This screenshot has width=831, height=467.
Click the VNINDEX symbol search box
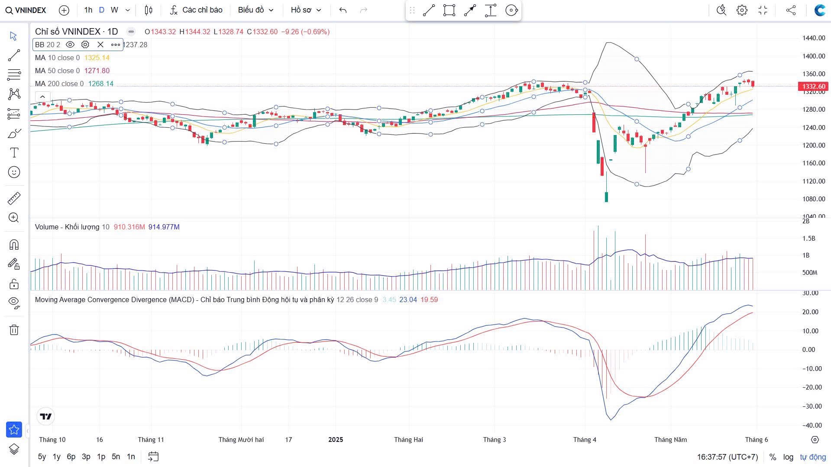pyautogui.click(x=26, y=10)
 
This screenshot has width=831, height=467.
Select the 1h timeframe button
pyautogui.click(x=88, y=10)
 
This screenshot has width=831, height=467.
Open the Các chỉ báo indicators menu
pyautogui.click(x=196, y=10)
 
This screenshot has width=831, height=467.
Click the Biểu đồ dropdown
pyautogui.click(x=255, y=10)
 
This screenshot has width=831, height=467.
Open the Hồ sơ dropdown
pyautogui.click(x=306, y=10)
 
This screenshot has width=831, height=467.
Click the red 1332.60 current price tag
pyautogui.click(x=813, y=87)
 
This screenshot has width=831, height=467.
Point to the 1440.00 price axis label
pyautogui.click(x=814, y=38)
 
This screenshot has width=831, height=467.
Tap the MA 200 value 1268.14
pyautogui.click(x=101, y=84)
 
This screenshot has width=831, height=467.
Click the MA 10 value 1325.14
pyautogui.click(x=97, y=58)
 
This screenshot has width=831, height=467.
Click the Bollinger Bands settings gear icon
pyautogui.click(x=85, y=45)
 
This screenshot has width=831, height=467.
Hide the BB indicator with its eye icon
pyautogui.click(x=70, y=45)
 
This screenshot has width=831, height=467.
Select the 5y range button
pyautogui.click(x=42, y=457)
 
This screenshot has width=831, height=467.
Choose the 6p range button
pyautogui.click(x=71, y=457)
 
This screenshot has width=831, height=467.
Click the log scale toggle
pyautogui.click(x=788, y=457)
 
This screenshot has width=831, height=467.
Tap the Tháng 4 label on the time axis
pyautogui.click(x=585, y=440)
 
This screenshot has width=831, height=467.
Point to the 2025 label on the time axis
pyautogui.click(x=336, y=440)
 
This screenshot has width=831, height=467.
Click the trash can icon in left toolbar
pyautogui.click(x=14, y=330)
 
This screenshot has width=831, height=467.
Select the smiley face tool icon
pyautogui.click(x=14, y=172)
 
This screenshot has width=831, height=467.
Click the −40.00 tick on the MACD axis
pyautogui.click(x=810, y=425)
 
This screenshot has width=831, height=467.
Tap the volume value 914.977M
pyautogui.click(x=164, y=227)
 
